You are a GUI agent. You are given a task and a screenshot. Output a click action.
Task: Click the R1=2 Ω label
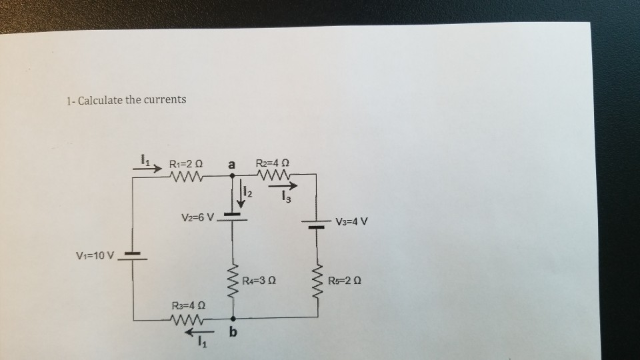click(x=186, y=162)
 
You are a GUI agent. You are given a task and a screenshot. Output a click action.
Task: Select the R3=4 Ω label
click(x=188, y=305)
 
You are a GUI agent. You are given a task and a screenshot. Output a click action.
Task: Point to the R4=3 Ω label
click(x=259, y=280)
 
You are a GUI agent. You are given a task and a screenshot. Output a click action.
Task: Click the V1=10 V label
click(x=96, y=255)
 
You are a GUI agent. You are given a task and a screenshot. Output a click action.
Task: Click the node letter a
click(x=232, y=163)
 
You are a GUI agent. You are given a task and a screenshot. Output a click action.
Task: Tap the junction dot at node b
click(x=233, y=319)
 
